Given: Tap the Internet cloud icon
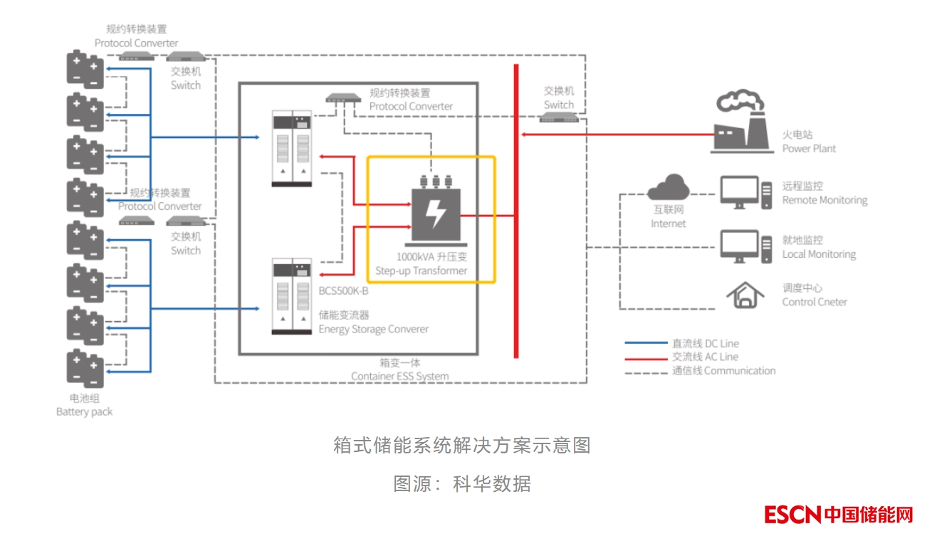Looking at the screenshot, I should pyautogui.click(x=668, y=188).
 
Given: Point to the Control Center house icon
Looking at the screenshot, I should pyautogui.click(x=744, y=295).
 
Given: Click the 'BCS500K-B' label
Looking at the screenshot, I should pyautogui.click(x=343, y=291).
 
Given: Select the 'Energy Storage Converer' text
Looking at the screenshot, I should pyautogui.click(x=373, y=329).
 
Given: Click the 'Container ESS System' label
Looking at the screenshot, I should pyautogui.click(x=399, y=376).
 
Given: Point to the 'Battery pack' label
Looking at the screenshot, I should pyautogui.click(x=84, y=411).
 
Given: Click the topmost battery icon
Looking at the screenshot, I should pyautogui.click(x=85, y=69).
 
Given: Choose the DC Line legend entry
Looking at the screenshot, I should pyautogui.click(x=705, y=343).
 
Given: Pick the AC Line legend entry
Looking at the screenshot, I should pyautogui.click(x=705, y=357).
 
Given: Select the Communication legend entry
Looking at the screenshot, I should pyautogui.click(x=723, y=370).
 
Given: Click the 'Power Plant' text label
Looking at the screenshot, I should pyautogui.click(x=809, y=149).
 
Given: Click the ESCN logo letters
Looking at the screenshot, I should pyautogui.click(x=792, y=515).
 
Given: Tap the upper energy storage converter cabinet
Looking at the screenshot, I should pyautogui.click(x=293, y=149).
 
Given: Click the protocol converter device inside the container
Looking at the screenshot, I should pyautogui.click(x=344, y=98).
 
